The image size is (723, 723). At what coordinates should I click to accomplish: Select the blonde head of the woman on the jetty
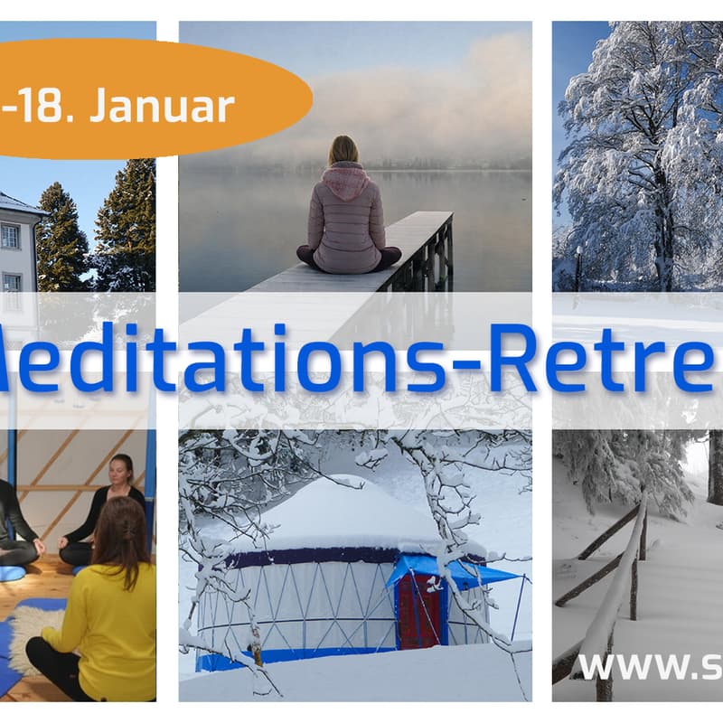point(344,149)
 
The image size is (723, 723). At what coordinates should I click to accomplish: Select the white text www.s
point(646,666)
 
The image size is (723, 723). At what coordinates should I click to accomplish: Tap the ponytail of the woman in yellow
point(127,551)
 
